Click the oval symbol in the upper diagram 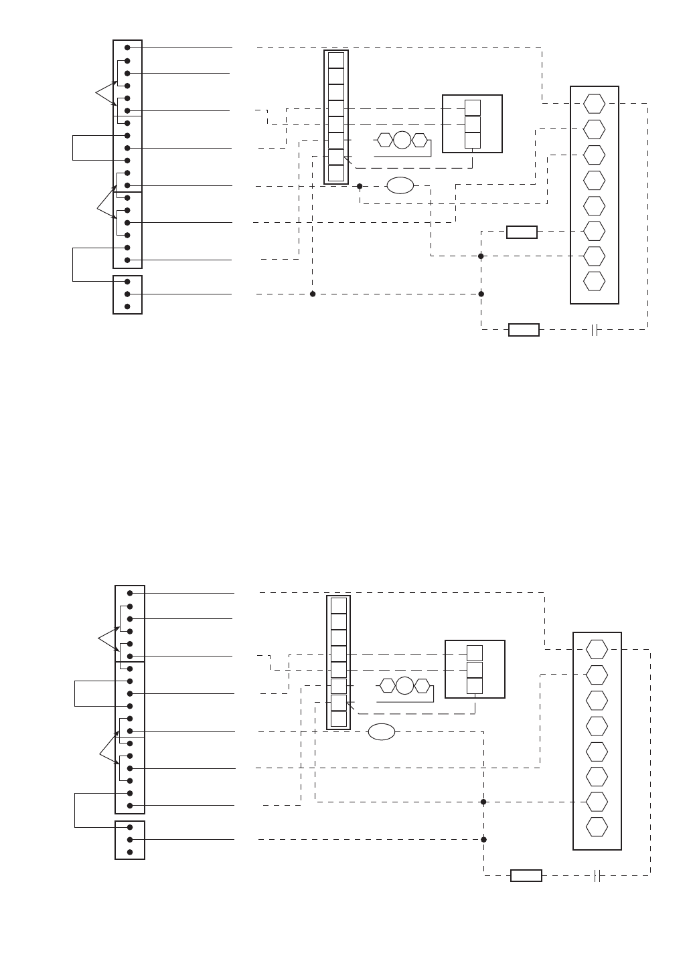400,186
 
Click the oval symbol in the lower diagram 382,732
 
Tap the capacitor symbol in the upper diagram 594,329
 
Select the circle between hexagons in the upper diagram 402,140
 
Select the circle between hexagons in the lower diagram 404,686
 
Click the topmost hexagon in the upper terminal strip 594,104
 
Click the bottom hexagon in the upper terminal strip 594,281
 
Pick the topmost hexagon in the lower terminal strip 597,649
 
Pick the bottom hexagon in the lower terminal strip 597,826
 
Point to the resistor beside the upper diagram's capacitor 524,329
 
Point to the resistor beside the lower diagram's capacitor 526,875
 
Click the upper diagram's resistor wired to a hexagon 522,232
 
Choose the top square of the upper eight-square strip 336,60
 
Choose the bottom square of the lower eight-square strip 339,719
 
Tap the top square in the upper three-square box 473,108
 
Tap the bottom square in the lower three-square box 475,685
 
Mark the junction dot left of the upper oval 360,186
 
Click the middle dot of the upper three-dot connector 127,294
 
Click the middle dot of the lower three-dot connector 130,839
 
